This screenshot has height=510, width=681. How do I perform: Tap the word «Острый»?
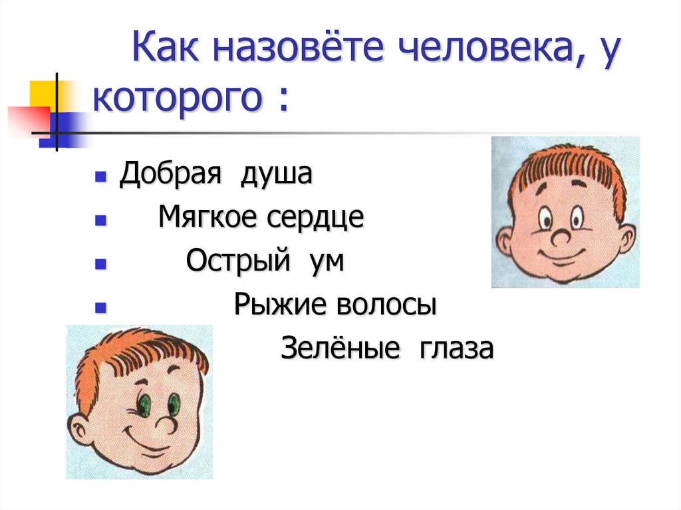point(238,261)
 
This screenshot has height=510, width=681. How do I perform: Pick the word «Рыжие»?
point(279,306)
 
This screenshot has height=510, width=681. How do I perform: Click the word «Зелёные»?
point(340,349)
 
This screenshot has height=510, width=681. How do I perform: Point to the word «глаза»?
point(456,349)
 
